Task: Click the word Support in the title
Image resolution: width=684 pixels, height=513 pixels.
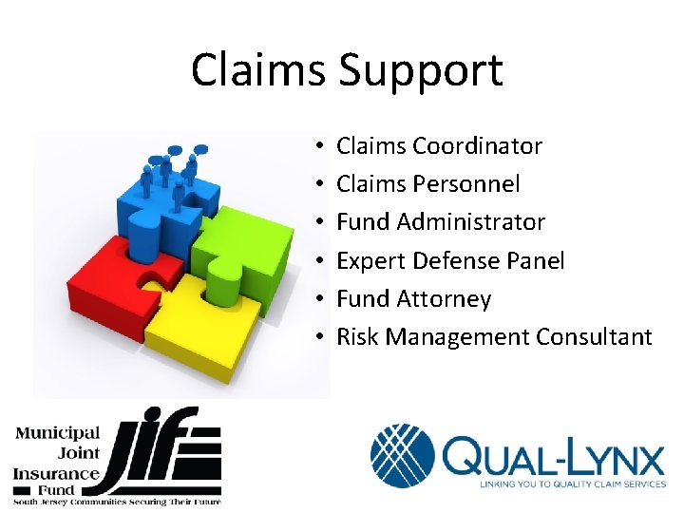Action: pos(421,71)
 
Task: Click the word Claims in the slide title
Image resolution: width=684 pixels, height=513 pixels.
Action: pos(259,71)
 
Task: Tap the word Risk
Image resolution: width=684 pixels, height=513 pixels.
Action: pos(357,337)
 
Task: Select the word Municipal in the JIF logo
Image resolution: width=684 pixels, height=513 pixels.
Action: pos(57,435)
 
